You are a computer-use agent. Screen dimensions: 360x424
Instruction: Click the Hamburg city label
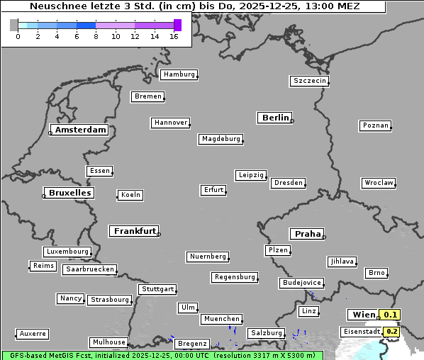point(178,74)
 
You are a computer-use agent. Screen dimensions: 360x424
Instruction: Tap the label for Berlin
point(275,118)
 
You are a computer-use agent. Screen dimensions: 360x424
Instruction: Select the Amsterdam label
point(80,130)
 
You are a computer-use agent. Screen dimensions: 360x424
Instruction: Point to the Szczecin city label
point(310,81)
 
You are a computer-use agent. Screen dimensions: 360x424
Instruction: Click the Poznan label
point(375,125)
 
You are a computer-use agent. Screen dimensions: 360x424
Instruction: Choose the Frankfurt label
point(135,231)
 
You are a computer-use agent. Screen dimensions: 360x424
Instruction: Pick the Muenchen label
point(222,319)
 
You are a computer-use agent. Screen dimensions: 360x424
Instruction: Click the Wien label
point(363,315)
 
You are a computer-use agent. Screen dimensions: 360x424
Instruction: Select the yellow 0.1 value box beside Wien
point(391,315)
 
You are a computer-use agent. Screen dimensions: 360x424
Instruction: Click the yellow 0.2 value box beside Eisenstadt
point(392,331)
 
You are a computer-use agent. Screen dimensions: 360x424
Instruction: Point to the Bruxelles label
point(69,193)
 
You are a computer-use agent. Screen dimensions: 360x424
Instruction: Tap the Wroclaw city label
point(378,183)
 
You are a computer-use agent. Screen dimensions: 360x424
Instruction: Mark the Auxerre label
point(33,333)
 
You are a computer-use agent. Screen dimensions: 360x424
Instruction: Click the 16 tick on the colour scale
point(174,37)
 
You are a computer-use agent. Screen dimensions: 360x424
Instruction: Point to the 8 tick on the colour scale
point(96,37)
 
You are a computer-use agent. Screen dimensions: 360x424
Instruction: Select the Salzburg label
point(266,333)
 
